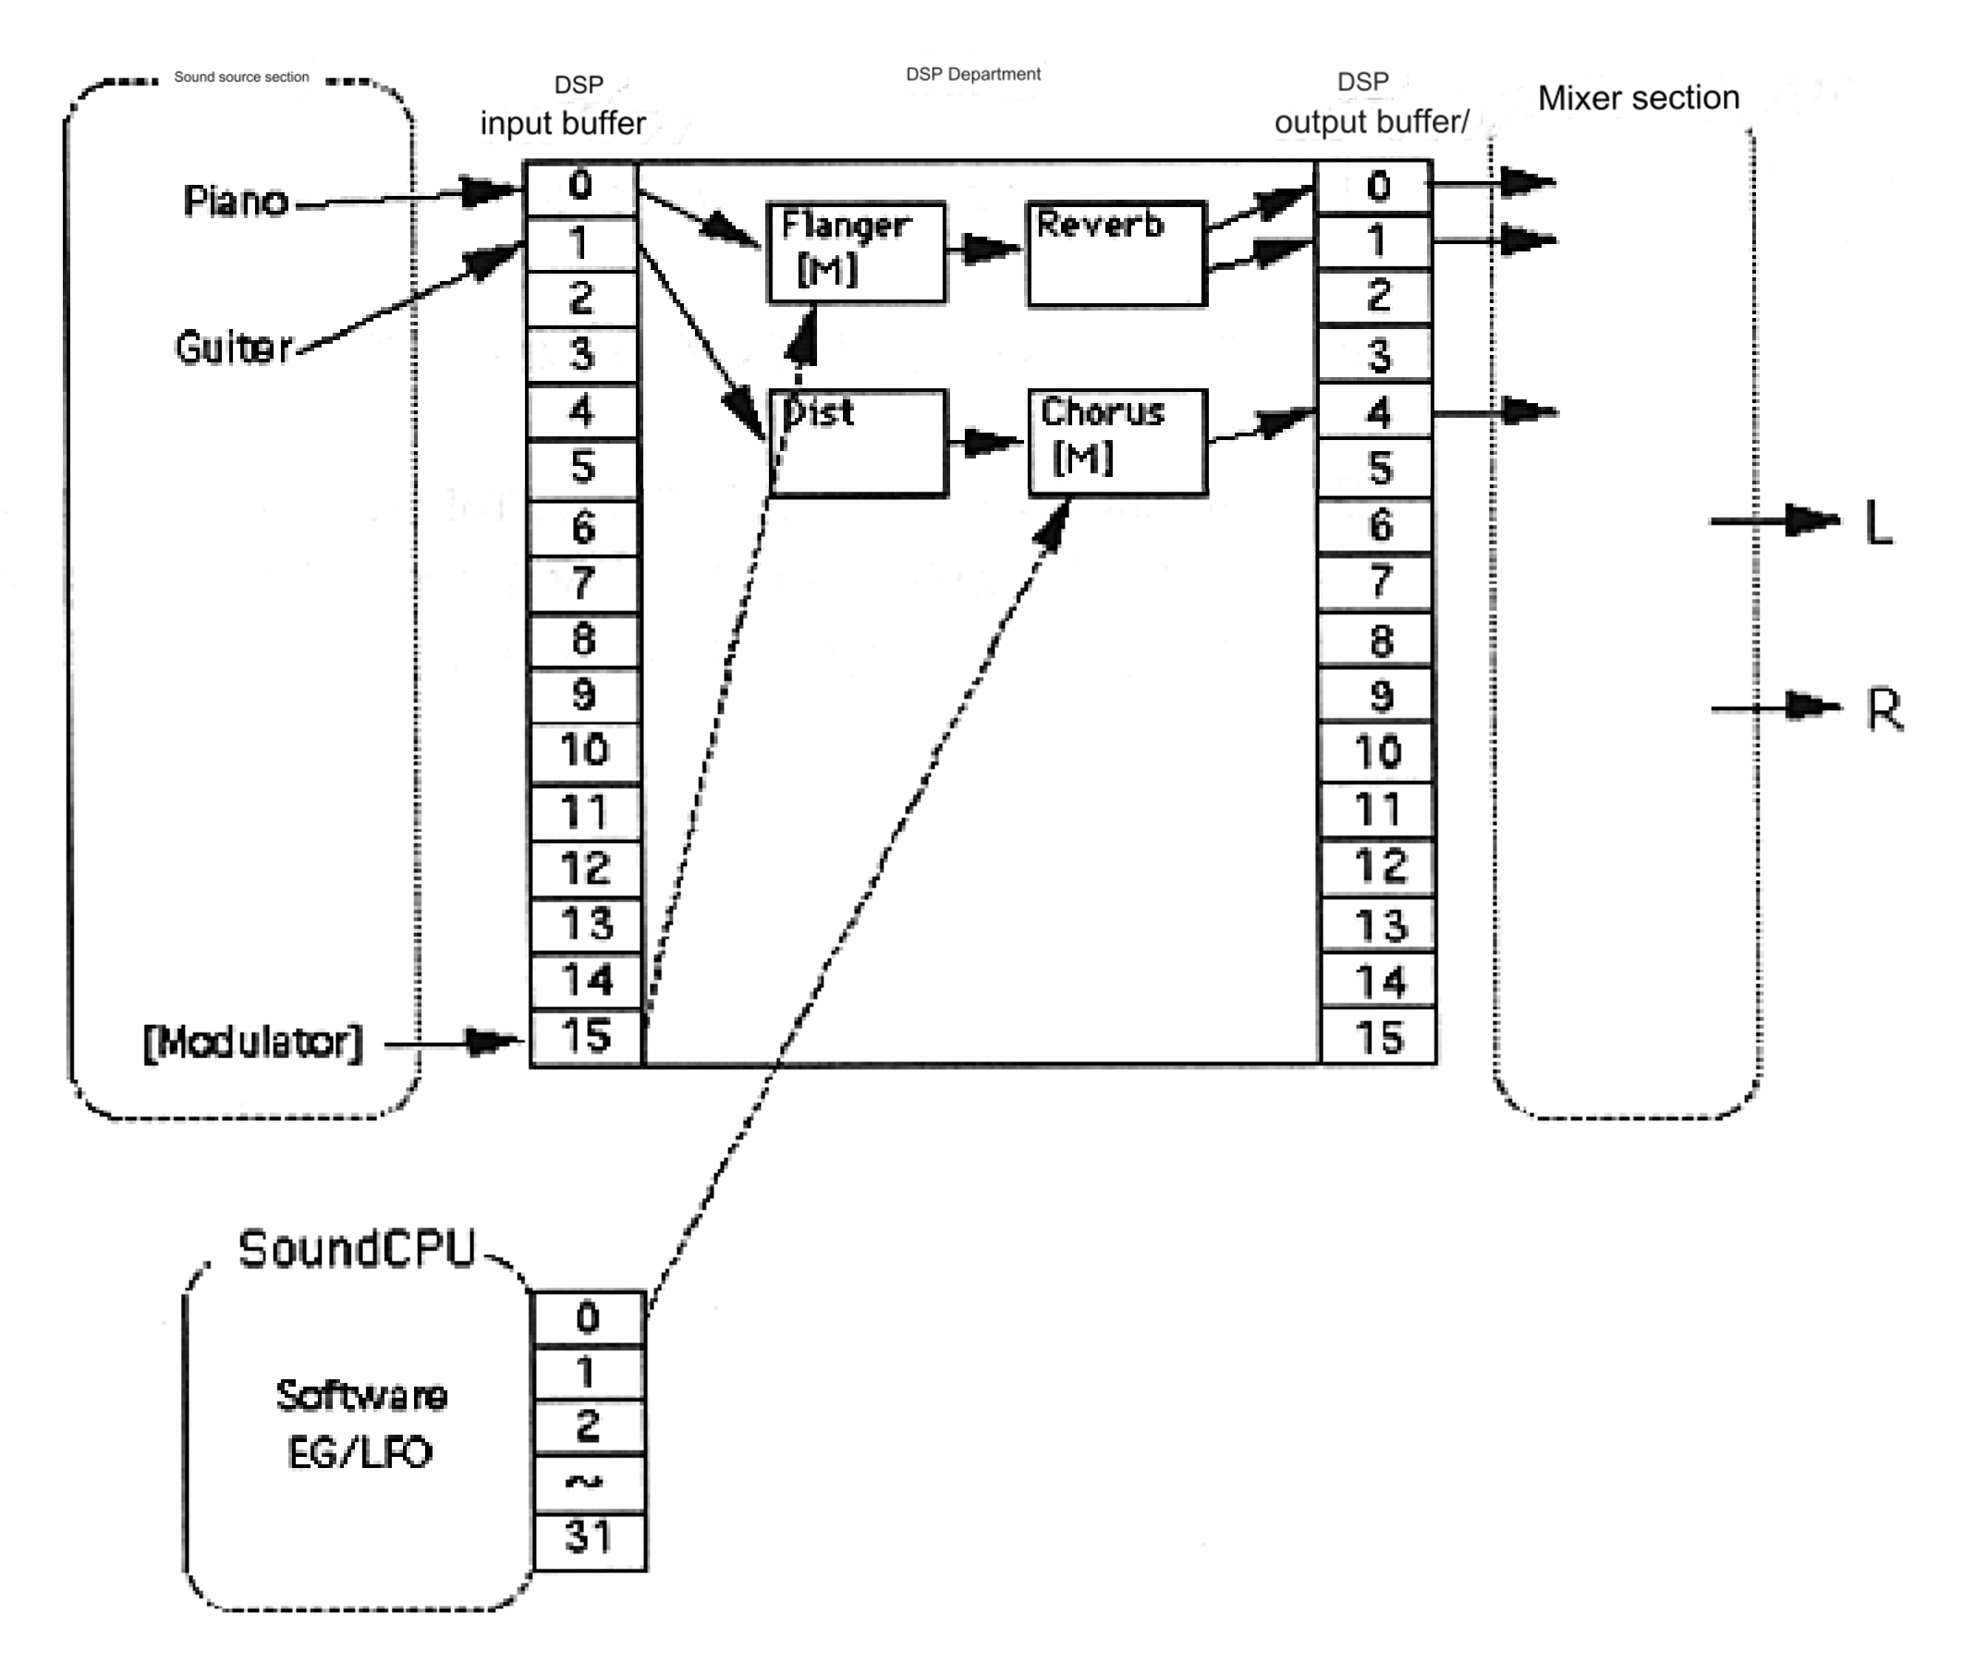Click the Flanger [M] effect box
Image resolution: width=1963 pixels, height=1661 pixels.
tap(856, 251)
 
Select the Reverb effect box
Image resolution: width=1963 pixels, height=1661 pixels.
tap(1116, 252)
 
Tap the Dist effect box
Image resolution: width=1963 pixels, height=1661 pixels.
tap(857, 442)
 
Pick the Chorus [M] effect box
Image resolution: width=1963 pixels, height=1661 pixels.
tap(1116, 442)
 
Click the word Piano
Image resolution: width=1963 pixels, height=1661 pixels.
tap(235, 200)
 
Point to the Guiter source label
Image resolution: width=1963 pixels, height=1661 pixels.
tap(234, 348)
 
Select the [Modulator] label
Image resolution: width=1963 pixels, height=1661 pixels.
tap(252, 1042)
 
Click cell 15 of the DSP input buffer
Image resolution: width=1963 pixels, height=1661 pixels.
tap(586, 1037)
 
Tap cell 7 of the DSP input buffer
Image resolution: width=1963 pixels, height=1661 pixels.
tap(583, 583)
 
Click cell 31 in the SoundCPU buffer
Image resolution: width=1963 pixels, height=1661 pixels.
tap(589, 1537)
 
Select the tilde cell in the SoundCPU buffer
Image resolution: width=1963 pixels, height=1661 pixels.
tap(589, 1482)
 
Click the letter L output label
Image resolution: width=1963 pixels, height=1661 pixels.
tap(1879, 524)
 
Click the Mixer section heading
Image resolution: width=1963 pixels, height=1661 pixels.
tap(1638, 98)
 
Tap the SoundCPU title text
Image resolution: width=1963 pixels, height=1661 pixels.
tap(357, 1250)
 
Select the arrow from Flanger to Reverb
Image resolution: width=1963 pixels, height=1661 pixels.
tap(985, 249)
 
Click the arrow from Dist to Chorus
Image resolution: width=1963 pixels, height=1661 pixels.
tap(986, 442)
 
